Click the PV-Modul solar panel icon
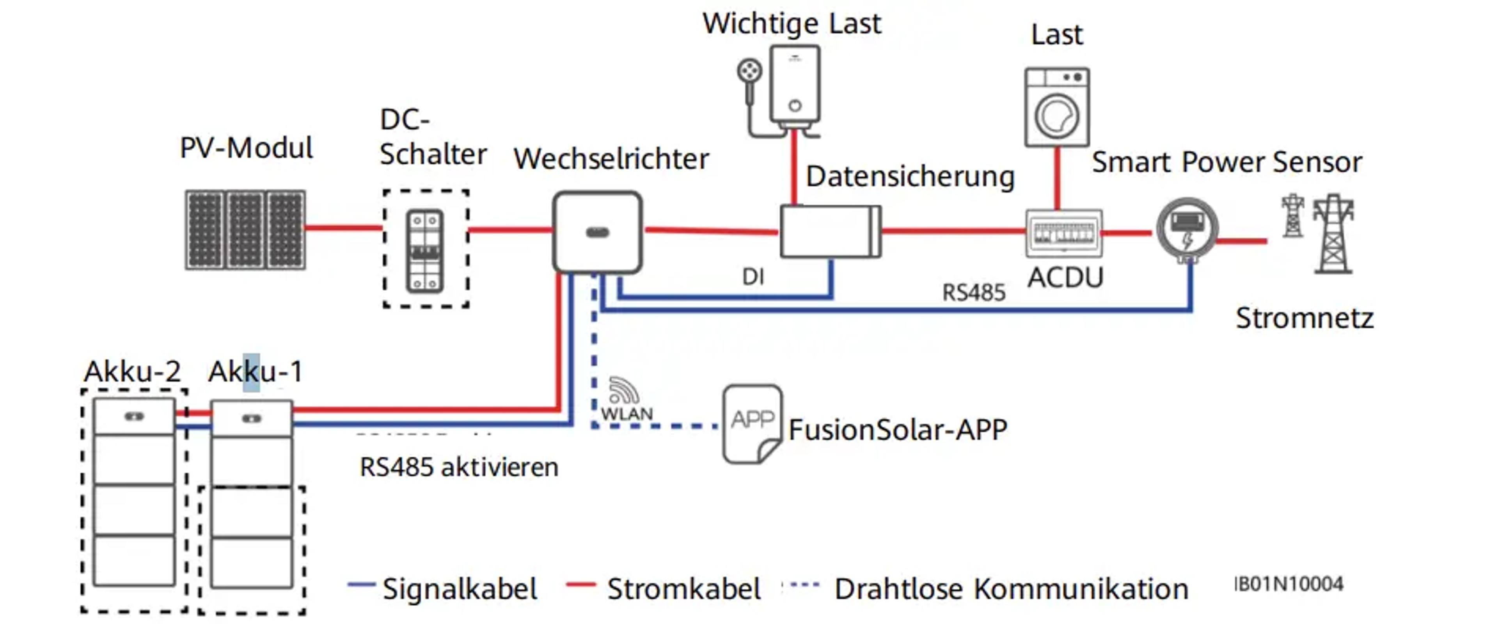[245, 230]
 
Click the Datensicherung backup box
[830, 231]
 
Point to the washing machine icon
[1057, 108]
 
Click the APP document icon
[752, 423]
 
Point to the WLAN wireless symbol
[624, 391]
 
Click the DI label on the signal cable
[753, 277]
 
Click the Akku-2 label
[133, 372]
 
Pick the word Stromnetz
[1305, 318]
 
